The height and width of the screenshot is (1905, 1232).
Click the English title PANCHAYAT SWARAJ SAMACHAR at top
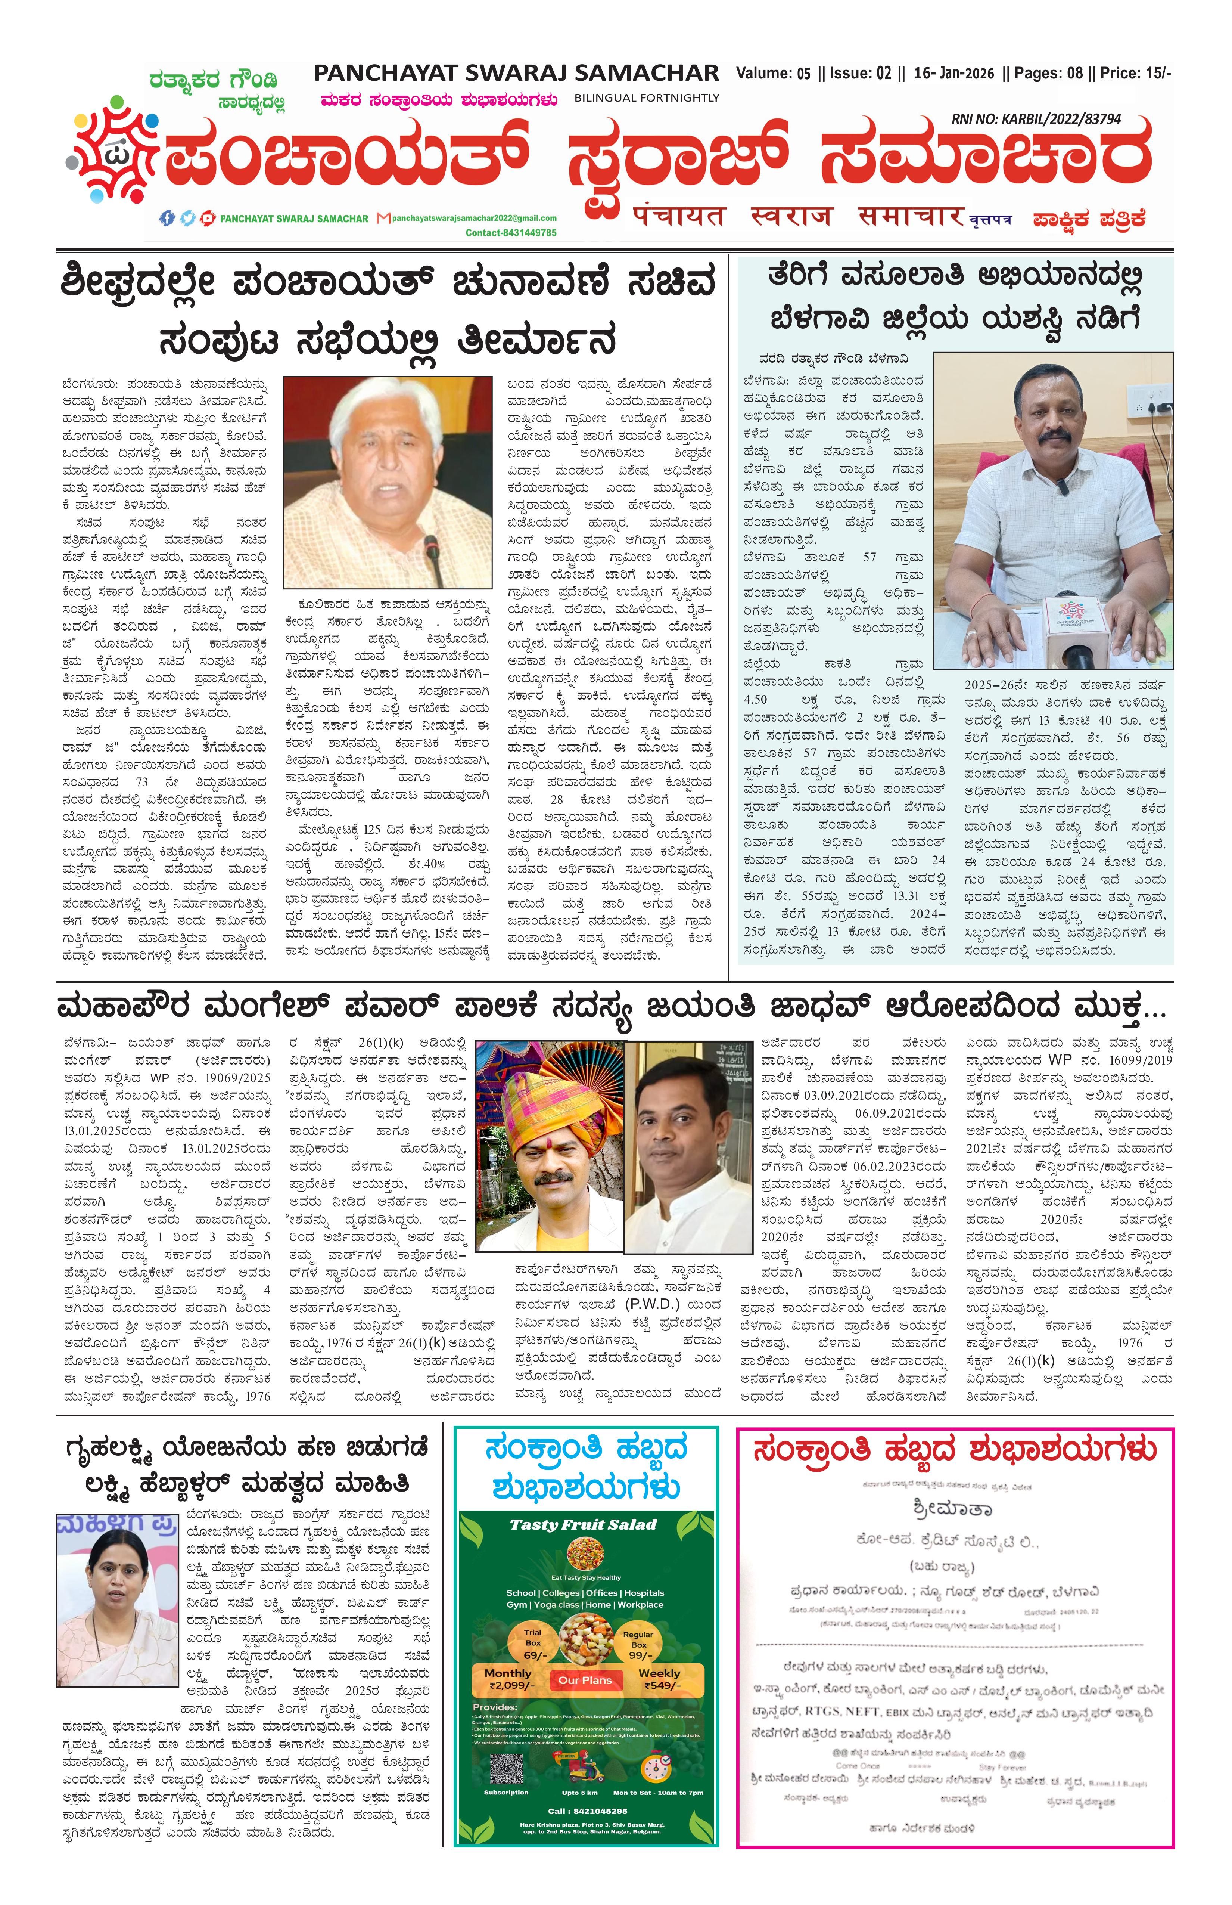tap(516, 74)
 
